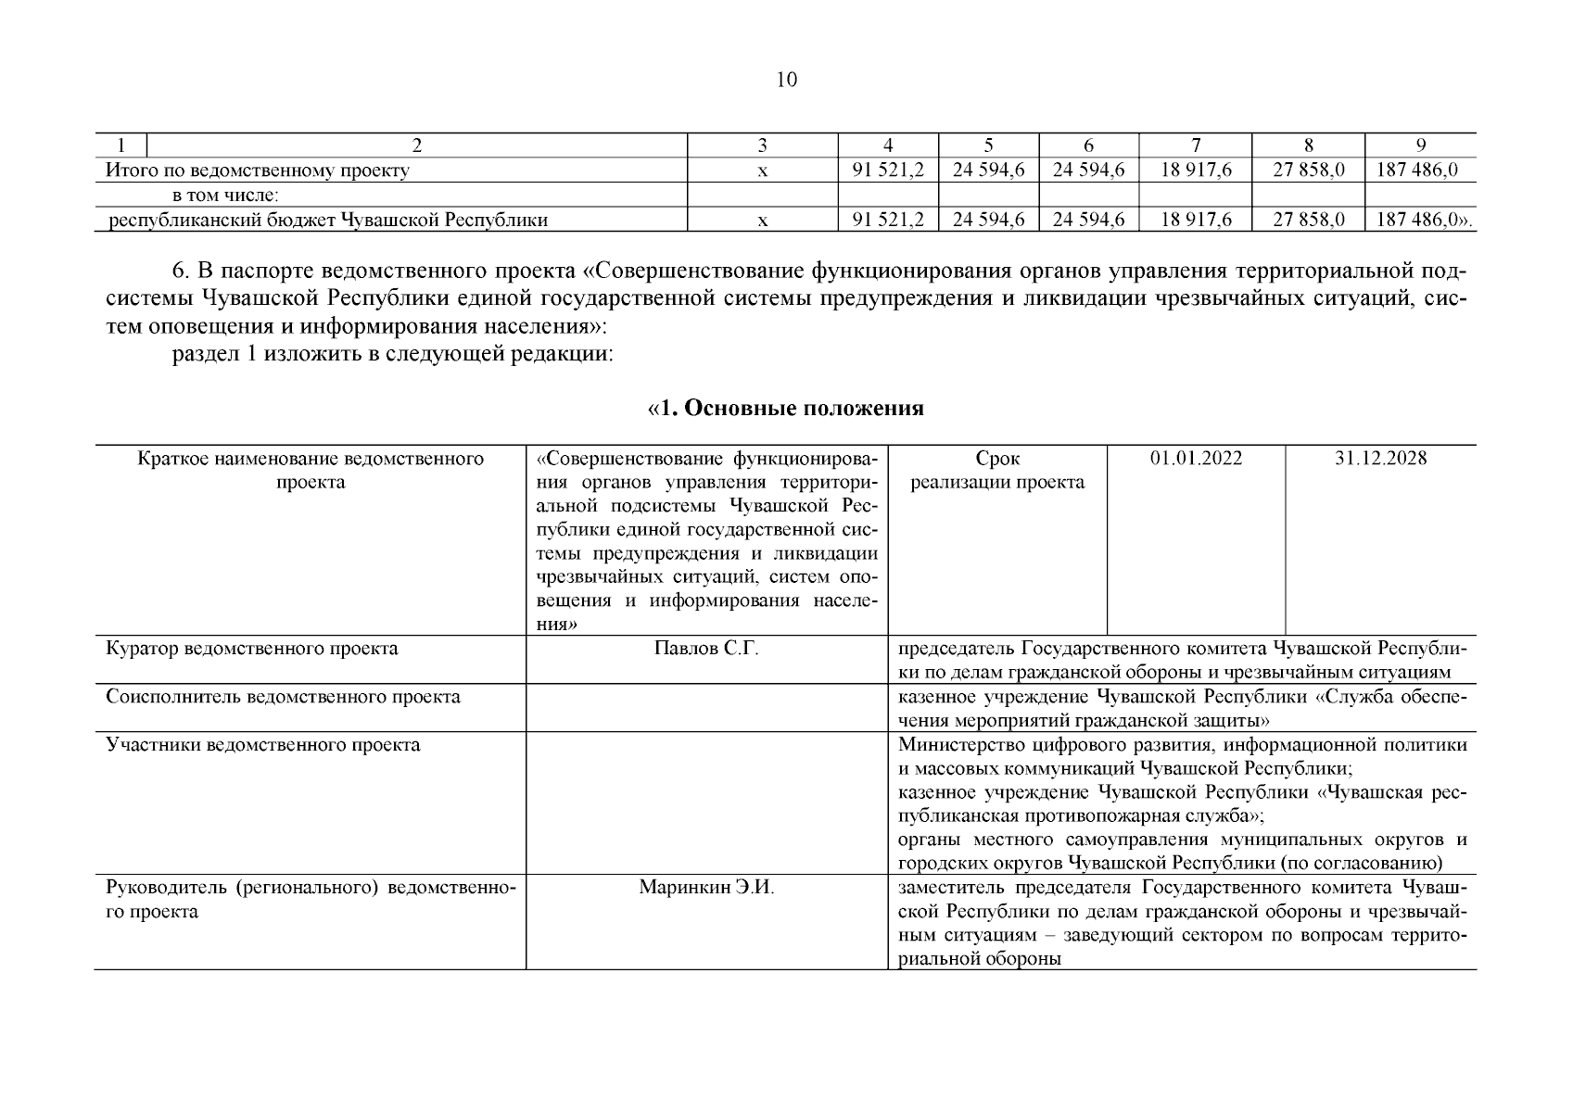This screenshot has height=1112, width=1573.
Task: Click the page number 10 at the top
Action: click(785, 80)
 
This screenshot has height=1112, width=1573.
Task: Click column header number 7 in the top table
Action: click(1196, 145)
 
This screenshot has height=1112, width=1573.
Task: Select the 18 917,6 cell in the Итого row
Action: click(1196, 170)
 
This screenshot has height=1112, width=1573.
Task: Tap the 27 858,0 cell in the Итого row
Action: click(1308, 170)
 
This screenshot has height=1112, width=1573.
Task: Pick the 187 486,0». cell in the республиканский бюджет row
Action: click(1422, 220)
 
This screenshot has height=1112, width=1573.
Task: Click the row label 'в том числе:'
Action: click(225, 195)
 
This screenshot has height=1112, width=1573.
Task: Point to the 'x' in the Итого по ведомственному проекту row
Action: click(762, 171)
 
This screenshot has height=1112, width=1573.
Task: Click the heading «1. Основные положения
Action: click(785, 409)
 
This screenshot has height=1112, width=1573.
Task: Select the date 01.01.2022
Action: click(1196, 459)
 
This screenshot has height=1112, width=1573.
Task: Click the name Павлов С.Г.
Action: click(706, 649)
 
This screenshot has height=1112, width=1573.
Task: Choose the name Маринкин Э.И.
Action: click(706, 888)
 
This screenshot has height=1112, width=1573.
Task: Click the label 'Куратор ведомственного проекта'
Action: click(252, 649)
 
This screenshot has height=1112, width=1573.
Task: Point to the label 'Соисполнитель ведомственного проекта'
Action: click(283, 697)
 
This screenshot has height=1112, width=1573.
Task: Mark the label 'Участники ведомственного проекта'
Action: click(262, 745)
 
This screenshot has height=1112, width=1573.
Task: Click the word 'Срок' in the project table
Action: click(997, 459)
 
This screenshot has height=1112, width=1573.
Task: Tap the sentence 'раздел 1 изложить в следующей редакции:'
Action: click(393, 355)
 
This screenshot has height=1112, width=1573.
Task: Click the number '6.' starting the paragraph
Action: click(181, 272)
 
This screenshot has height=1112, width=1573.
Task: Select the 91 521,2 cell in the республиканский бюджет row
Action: click(888, 220)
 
